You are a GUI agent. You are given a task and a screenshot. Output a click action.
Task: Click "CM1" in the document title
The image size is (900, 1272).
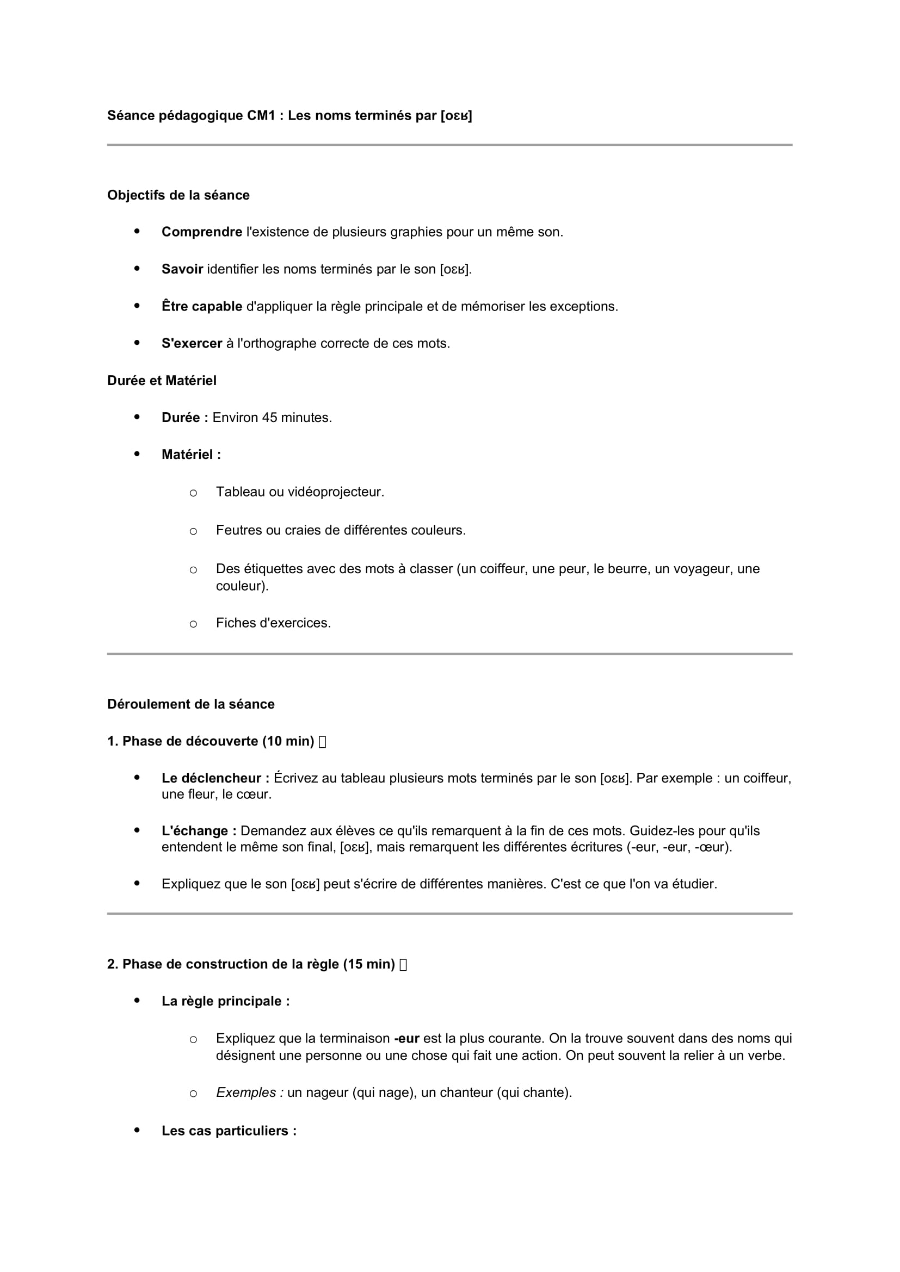point(261,116)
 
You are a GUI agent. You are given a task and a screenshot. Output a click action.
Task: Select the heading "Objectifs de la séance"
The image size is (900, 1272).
point(178,196)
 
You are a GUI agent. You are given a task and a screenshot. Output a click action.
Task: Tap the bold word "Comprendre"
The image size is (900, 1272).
point(202,232)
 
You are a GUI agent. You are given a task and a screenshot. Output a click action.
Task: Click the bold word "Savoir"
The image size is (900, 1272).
point(182,269)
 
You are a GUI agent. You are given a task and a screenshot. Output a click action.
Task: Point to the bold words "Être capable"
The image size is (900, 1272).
point(202,306)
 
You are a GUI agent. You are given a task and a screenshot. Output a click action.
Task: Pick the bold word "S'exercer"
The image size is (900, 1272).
point(192,344)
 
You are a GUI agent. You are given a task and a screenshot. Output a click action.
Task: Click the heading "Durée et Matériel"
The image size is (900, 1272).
point(162,381)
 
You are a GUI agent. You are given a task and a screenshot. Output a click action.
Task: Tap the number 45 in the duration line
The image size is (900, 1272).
point(269,418)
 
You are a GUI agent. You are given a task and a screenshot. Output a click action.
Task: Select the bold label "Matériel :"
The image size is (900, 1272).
point(191,455)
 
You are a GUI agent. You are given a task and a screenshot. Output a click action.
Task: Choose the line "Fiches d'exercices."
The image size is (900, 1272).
point(273,623)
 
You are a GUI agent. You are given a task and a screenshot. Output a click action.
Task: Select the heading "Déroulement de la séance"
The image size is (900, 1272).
point(191,704)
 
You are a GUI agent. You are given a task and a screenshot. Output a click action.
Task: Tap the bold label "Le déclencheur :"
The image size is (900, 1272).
point(215,778)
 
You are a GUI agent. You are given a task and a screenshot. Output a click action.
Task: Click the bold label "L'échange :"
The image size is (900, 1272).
point(199,831)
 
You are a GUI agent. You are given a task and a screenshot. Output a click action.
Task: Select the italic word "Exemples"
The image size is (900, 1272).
point(246,1093)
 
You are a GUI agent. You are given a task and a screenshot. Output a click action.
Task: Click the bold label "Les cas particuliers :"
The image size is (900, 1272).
point(229,1131)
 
